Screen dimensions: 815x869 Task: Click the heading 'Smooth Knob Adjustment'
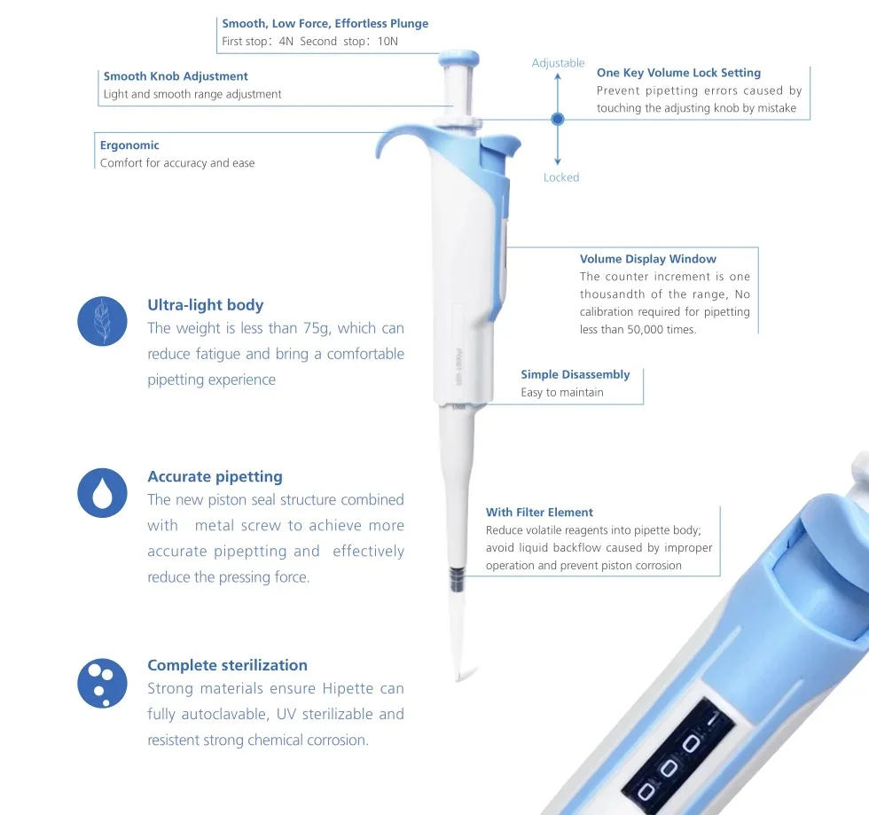pyautogui.click(x=176, y=76)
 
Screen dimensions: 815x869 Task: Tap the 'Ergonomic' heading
pyautogui.click(x=129, y=145)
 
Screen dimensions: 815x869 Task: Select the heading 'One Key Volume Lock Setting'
pyautogui.click(x=678, y=73)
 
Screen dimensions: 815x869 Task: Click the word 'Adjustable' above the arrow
pyautogui.click(x=558, y=63)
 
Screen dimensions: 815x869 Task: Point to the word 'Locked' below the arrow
pyautogui.click(x=560, y=177)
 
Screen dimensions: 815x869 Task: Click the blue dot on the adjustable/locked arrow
pyautogui.click(x=558, y=118)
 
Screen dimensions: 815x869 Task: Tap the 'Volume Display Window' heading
pyautogui.click(x=647, y=259)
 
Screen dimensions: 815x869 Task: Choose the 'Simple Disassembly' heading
pyautogui.click(x=575, y=374)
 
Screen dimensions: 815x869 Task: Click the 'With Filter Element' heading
pyautogui.click(x=539, y=512)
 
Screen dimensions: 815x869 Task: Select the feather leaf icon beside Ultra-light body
pyautogui.click(x=102, y=321)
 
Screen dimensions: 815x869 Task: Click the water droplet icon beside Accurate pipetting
pyautogui.click(x=102, y=493)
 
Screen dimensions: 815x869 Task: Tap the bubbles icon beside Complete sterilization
pyautogui.click(x=102, y=682)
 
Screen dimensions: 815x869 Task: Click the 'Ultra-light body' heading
pyautogui.click(x=205, y=305)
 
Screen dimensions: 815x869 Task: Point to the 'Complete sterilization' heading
pyautogui.click(x=227, y=665)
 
